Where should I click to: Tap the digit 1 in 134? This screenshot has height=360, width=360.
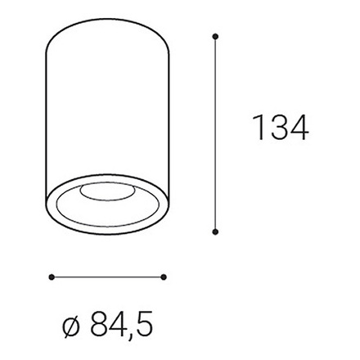tap(257, 128)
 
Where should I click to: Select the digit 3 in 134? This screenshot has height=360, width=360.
tap(277, 128)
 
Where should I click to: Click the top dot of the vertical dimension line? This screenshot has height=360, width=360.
tap(215, 36)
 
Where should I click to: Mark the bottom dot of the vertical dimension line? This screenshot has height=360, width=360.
tap(215, 232)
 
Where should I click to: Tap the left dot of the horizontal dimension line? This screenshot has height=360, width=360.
tap(51, 277)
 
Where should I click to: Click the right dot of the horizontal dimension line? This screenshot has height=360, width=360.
tap(164, 277)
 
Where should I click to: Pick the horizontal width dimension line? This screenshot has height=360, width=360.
tap(107, 277)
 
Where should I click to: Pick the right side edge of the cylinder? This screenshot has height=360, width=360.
tap(172, 123)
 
